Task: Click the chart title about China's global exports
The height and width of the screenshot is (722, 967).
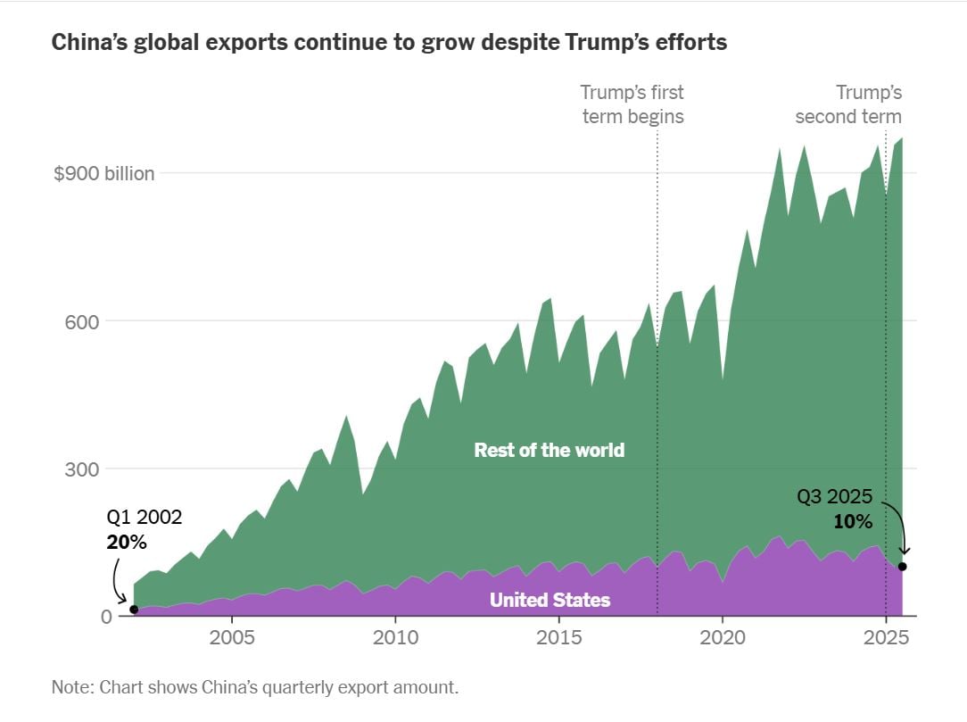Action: [389, 42]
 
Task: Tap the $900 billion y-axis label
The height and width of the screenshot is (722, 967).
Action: [104, 173]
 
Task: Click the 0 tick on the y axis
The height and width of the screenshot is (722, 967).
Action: [106, 617]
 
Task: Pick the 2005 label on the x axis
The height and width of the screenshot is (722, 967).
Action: [232, 639]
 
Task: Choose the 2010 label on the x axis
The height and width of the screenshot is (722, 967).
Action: [395, 639]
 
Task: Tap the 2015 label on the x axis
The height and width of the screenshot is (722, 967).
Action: [558, 639]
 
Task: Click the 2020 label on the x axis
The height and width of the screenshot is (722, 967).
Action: [722, 639]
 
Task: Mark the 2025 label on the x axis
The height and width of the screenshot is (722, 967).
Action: [885, 639]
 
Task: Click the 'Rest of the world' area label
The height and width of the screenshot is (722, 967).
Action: [549, 450]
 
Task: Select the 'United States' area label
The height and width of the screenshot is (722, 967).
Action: [550, 600]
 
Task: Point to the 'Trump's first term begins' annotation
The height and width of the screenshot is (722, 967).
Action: [632, 104]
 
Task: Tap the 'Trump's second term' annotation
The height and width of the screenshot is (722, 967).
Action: [848, 104]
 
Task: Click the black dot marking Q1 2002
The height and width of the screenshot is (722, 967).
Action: [134, 610]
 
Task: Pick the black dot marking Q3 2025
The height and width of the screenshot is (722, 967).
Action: [903, 567]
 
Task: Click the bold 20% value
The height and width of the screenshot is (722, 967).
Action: [126, 542]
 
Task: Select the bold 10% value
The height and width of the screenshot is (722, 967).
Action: [853, 521]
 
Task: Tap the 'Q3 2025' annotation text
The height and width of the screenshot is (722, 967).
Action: [834, 498]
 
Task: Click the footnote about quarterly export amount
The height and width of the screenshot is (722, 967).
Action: [254, 688]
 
